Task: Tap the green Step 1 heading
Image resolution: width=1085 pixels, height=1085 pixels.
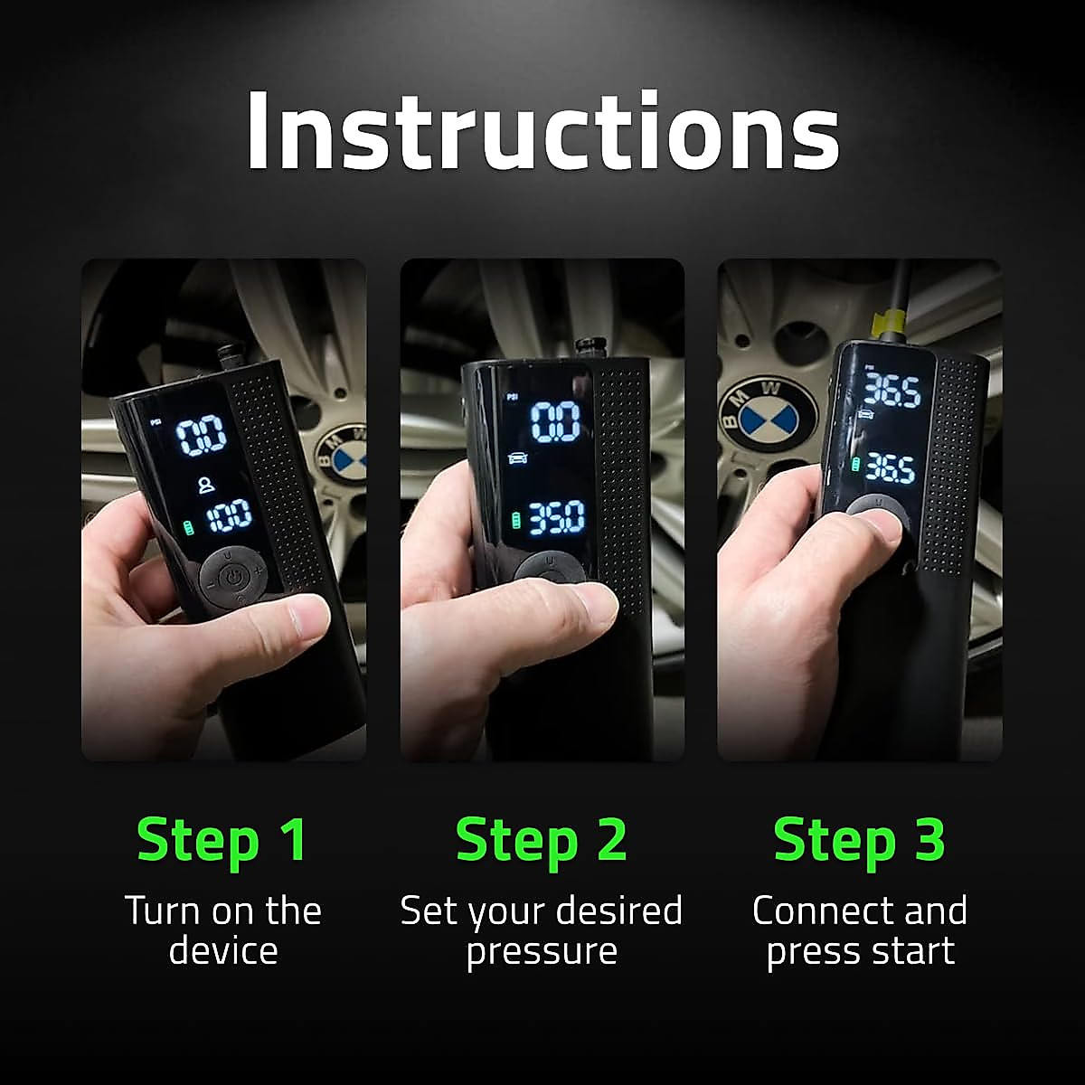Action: [222, 839]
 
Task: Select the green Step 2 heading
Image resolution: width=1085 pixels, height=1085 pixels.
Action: [542, 839]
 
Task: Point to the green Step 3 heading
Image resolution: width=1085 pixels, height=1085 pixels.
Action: [859, 839]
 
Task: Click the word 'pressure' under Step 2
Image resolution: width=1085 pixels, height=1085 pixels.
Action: [542, 951]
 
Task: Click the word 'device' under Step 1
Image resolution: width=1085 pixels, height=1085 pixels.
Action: [222, 951]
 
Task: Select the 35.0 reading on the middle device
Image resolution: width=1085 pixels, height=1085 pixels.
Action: [556, 518]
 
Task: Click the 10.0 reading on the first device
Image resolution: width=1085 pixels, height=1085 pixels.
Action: [230, 518]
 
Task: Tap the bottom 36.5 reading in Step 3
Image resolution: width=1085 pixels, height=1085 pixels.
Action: [891, 467]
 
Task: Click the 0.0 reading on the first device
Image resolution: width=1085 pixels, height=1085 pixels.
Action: [200, 438]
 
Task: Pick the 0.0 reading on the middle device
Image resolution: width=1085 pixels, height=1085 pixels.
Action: [554, 421]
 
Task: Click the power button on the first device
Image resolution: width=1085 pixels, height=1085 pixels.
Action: [234, 576]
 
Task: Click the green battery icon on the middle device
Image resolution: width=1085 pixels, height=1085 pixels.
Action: [515, 521]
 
